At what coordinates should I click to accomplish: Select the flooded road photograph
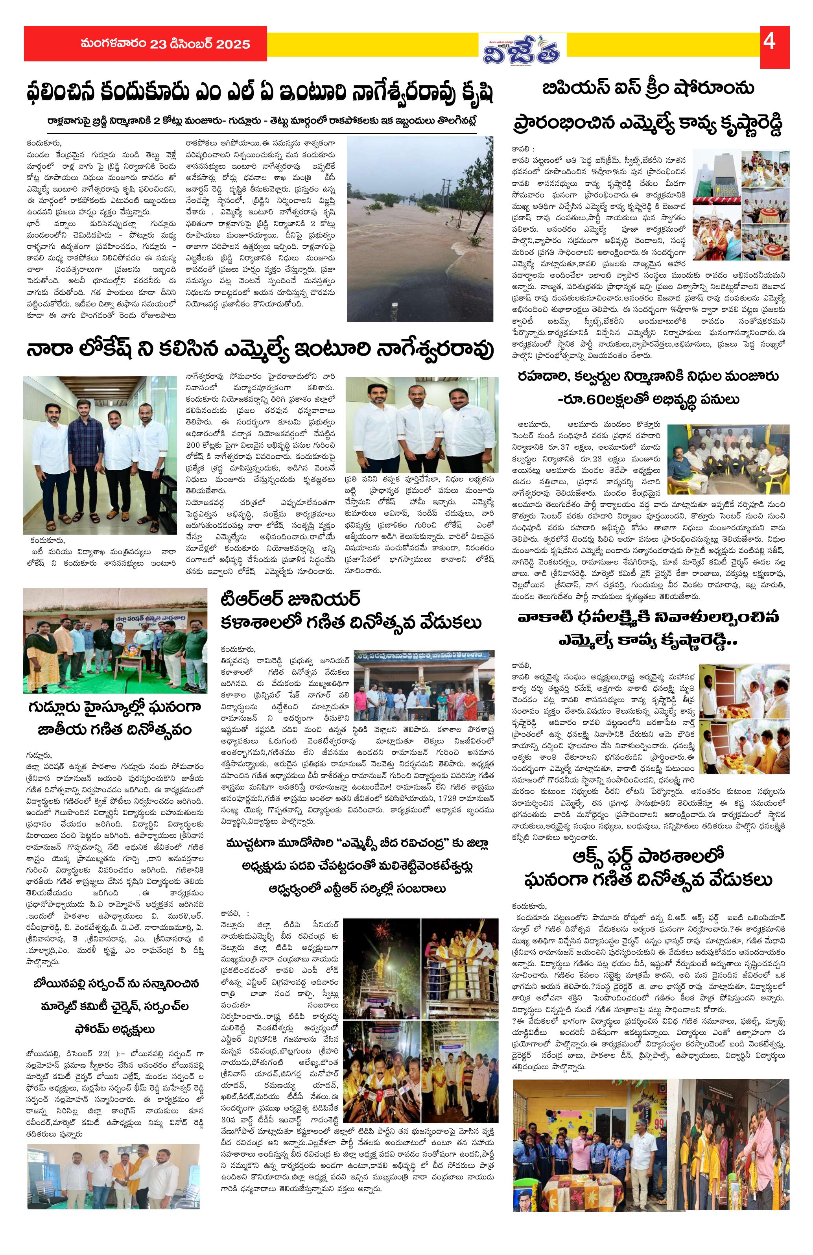420,228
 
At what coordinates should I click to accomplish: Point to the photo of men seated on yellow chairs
728,459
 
